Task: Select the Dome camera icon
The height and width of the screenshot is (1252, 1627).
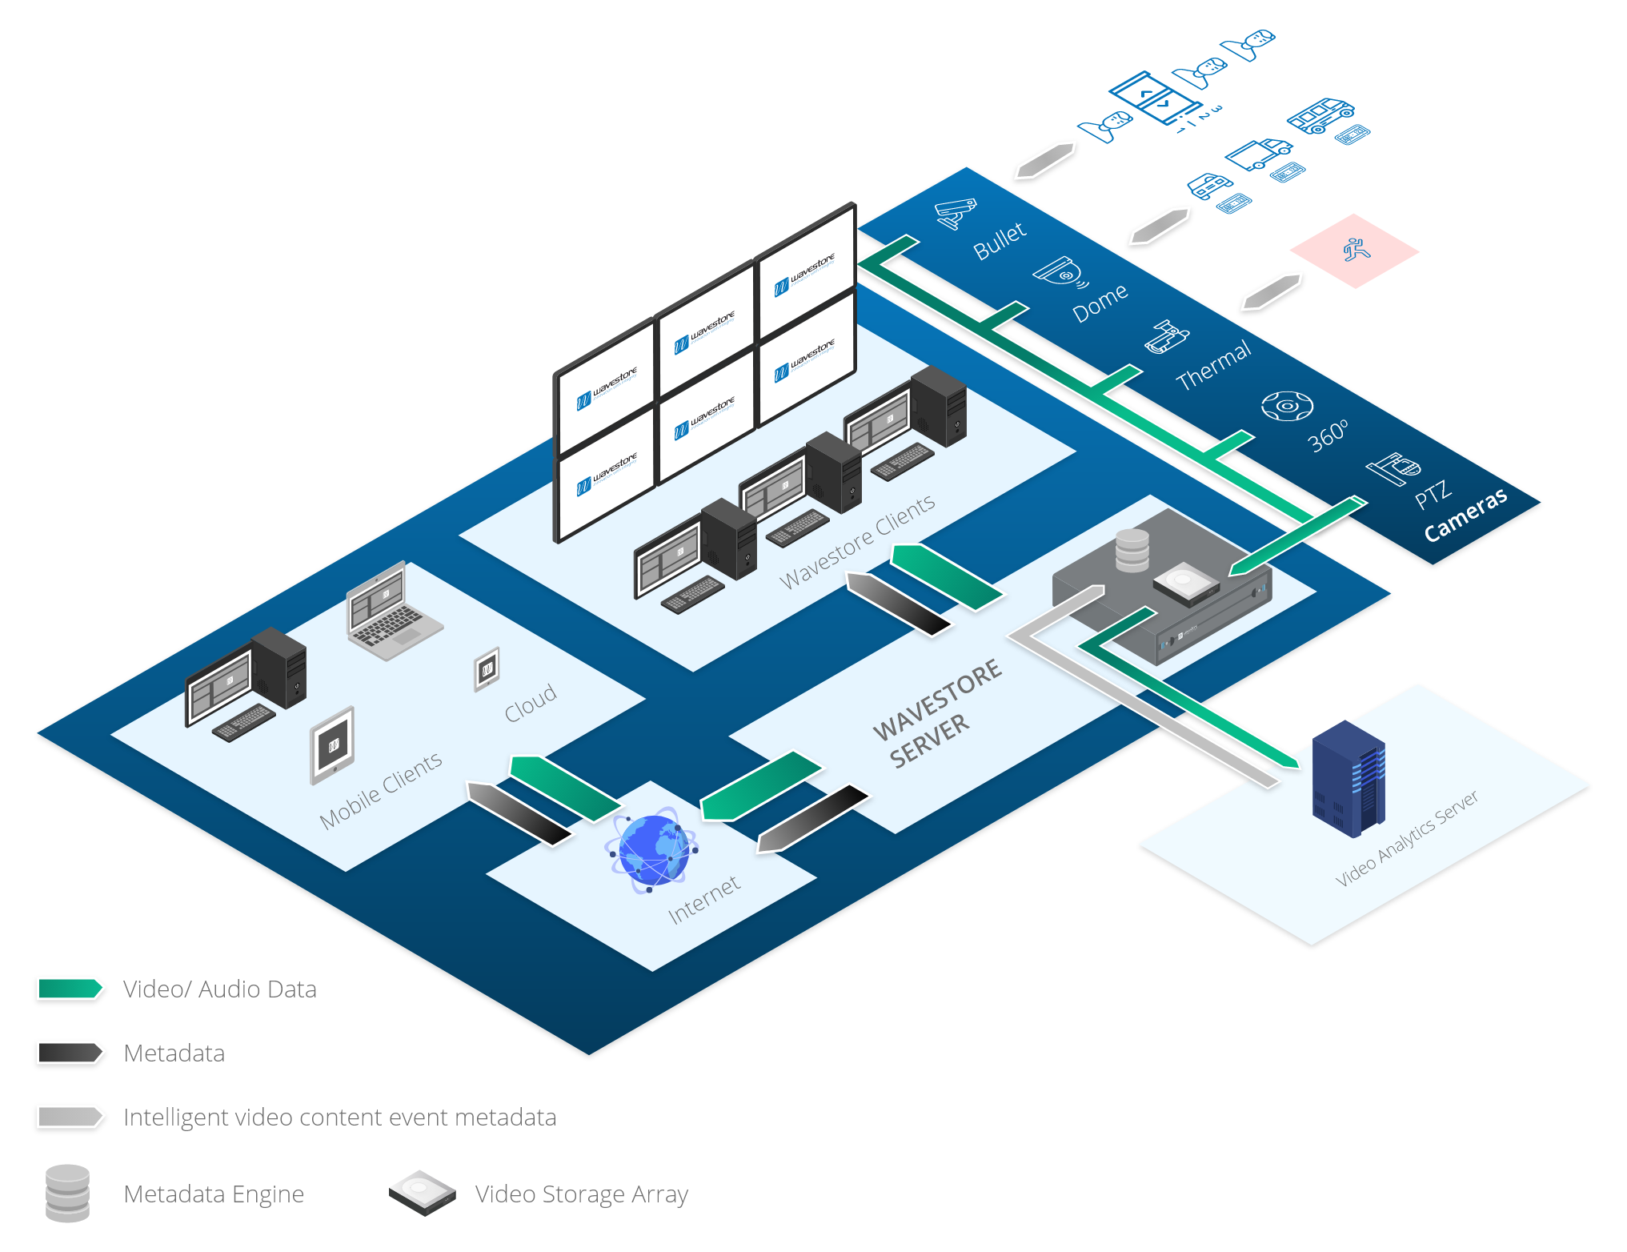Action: click(1061, 272)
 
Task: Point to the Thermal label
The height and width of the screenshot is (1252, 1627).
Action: click(1213, 365)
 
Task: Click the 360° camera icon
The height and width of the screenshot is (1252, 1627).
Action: click(1287, 406)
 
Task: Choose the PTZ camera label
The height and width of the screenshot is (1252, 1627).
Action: click(1433, 494)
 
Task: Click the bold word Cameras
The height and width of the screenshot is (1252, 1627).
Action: click(1465, 515)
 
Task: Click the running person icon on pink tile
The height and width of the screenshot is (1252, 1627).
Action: click(1357, 250)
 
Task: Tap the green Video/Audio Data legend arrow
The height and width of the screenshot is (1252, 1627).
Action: click(70, 989)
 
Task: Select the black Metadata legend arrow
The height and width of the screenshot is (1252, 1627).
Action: click(70, 1053)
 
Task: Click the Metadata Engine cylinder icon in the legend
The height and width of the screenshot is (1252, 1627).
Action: click(68, 1194)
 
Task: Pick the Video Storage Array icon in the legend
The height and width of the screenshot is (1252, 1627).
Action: click(422, 1194)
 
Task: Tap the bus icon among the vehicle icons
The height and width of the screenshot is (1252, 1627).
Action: click(1320, 115)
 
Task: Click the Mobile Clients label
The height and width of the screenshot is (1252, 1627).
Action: click(380, 790)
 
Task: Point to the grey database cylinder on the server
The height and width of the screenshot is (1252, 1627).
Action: click(1132, 551)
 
